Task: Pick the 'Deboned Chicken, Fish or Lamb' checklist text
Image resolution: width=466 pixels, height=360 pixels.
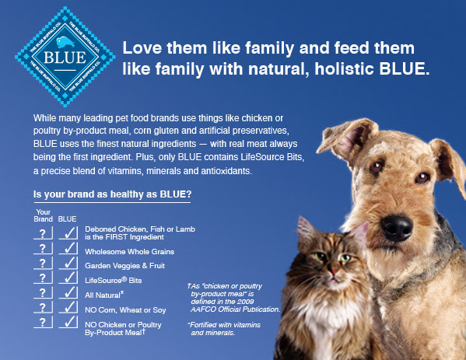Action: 139,229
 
